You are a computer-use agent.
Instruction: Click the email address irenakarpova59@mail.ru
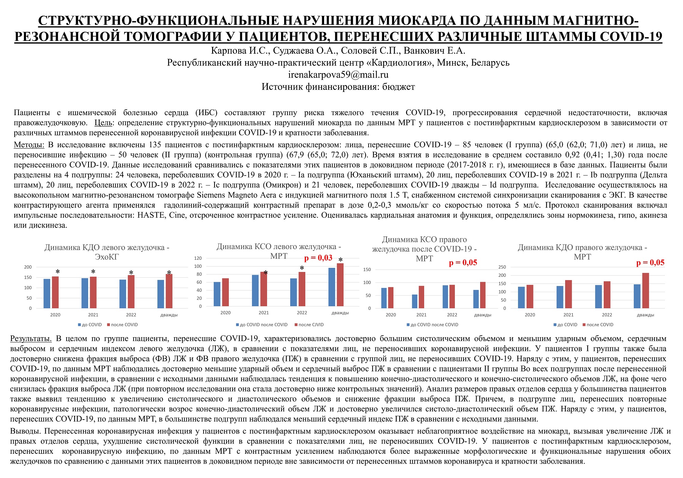338,74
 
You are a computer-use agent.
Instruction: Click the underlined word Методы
29,145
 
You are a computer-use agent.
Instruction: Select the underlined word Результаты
31,339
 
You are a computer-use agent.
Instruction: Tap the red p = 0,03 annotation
318,258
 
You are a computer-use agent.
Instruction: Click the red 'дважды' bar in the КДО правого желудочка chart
645,290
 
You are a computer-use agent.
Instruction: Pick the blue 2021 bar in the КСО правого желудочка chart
415,301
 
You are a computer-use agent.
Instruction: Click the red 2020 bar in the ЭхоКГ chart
55,292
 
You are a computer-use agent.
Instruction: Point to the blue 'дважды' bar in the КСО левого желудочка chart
332,287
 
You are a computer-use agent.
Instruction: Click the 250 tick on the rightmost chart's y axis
502,267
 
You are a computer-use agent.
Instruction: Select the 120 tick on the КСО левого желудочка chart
198,258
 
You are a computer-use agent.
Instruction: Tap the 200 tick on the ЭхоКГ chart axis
28,267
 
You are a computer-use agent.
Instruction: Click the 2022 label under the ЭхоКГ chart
131,315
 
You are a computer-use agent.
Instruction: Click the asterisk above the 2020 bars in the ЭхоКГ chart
58,272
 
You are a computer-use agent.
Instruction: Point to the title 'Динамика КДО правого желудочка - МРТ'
582,252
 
